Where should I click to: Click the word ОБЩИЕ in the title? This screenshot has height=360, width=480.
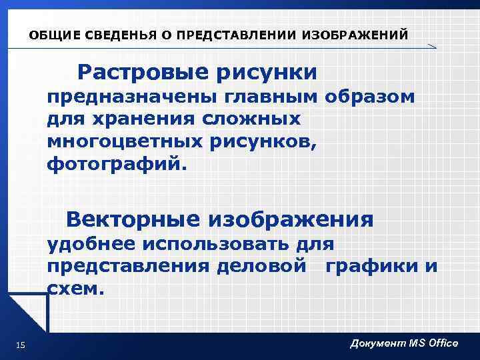coord(52,35)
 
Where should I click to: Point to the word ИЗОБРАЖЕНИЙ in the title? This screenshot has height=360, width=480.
coord(353,35)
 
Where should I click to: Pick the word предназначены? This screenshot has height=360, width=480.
coord(116,97)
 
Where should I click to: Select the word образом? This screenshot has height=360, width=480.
coord(370,97)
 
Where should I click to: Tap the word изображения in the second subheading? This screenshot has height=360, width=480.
coord(291,219)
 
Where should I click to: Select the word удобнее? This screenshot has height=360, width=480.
coord(86,245)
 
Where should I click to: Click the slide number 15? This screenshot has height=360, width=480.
coord(20,344)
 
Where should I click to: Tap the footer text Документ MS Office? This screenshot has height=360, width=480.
coord(404,343)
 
